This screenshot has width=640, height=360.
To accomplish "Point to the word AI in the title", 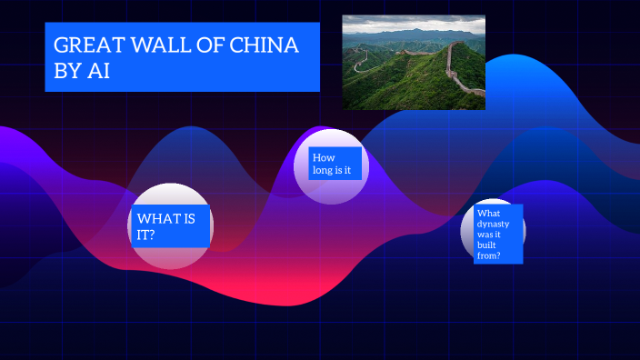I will (x=98, y=72).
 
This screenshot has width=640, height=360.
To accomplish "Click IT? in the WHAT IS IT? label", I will (x=145, y=235).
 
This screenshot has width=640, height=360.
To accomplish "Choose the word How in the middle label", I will (x=324, y=157).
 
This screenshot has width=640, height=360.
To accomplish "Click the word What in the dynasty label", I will (x=488, y=214).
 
